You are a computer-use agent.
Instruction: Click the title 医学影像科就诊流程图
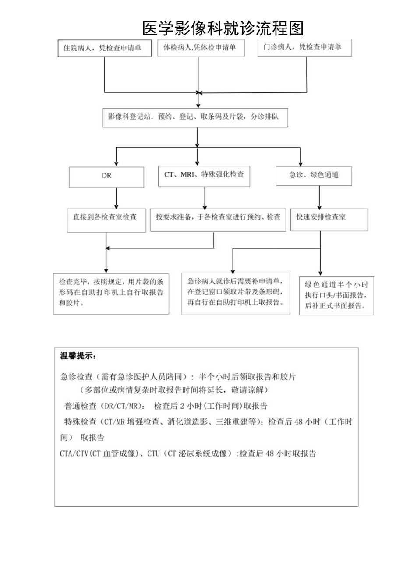click(x=223, y=28)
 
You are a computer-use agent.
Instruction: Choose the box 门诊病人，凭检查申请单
click(x=305, y=47)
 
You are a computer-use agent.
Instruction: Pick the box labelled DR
click(x=106, y=177)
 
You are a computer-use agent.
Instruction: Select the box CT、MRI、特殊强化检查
click(x=204, y=175)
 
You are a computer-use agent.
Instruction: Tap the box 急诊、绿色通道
click(x=314, y=176)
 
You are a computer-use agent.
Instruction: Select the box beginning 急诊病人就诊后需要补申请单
click(x=236, y=293)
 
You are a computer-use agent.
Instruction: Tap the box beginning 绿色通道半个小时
click(x=336, y=295)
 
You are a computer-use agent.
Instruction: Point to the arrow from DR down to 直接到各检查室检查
click(x=116, y=198)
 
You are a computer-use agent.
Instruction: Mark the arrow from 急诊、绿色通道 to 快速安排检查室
click(x=319, y=197)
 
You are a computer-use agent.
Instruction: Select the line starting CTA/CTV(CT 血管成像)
click(x=188, y=454)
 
